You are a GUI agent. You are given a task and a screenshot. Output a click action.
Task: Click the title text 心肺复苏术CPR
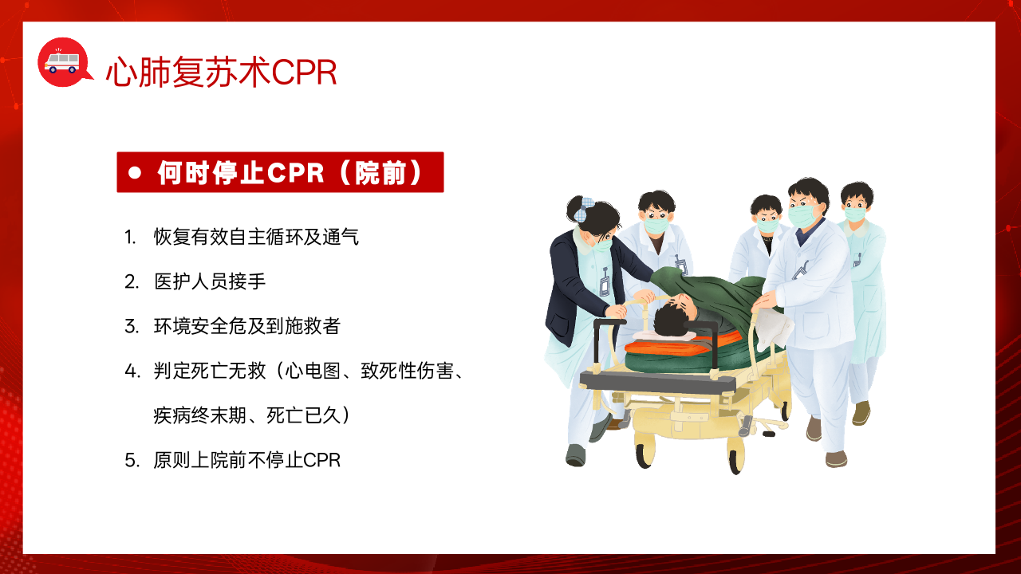[222, 72]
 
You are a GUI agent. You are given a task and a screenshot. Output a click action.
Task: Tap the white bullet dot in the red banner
[135, 173]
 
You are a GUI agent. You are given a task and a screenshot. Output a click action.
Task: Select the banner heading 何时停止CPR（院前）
[290, 173]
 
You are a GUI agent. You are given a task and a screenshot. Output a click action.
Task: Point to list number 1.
[130, 238]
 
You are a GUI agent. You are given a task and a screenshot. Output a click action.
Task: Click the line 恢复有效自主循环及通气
[256, 237]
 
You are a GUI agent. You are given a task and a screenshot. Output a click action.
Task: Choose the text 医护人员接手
[210, 281]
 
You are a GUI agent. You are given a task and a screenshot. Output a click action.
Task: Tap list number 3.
[132, 327]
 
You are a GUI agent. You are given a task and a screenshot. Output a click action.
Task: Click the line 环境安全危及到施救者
[247, 326]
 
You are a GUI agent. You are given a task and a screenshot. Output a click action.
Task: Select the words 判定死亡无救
[210, 371]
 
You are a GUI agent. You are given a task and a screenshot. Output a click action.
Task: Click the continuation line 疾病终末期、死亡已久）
[252, 415]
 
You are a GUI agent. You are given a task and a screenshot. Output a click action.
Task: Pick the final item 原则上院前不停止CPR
[247, 460]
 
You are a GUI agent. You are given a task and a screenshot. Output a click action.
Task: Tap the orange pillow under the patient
[684, 344]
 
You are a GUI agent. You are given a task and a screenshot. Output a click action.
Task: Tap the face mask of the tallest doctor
[802, 215]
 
